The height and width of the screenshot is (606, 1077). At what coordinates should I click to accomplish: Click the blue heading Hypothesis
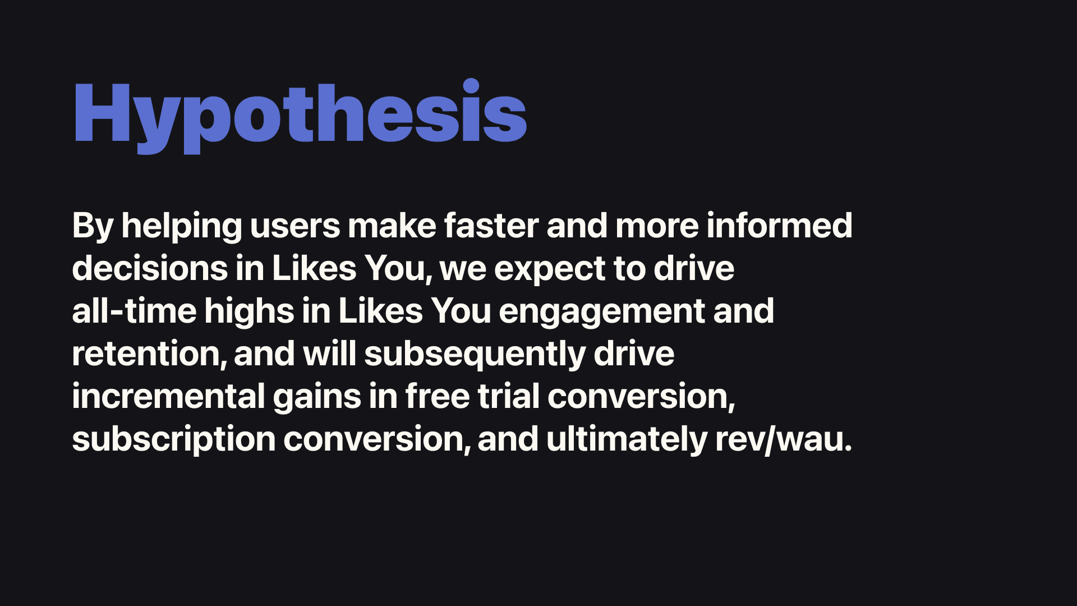[x=300, y=115]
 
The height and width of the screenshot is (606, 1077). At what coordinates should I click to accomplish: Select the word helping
[x=181, y=227]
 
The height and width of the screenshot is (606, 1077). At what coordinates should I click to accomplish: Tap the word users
[x=295, y=227]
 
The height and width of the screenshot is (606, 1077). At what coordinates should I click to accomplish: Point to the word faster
[x=491, y=226]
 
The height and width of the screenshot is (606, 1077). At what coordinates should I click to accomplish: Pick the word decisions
[x=150, y=268]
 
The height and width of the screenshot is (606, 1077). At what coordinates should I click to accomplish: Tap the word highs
[x=249, y=312]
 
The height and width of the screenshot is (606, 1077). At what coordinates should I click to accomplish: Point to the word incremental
[x=168, y=396]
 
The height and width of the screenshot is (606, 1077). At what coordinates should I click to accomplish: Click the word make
[x=392, y=226]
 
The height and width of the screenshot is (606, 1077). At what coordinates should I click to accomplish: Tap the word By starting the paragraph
[x=93, y=227]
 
